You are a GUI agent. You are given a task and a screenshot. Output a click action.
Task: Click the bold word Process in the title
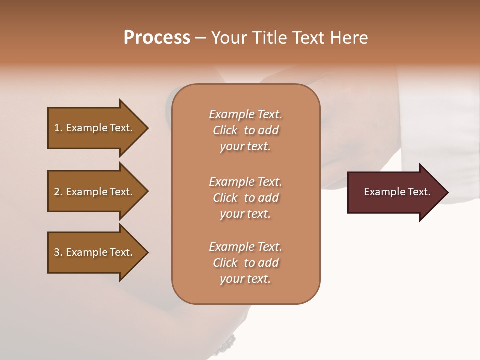coord(157,38)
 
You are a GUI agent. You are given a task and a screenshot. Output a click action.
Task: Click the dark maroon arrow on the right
coord(395,192)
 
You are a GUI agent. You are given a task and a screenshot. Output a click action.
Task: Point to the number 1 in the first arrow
coord(57,128)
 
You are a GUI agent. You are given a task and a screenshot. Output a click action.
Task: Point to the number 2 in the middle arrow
coord(57,192)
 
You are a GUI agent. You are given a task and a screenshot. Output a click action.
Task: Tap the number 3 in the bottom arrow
coord(57,252)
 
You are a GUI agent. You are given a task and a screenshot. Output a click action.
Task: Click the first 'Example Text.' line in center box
coord(245,114)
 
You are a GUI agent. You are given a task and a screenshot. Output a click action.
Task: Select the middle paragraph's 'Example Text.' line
coord(245,182)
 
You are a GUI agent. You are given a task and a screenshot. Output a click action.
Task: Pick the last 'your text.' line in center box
coord(245,279)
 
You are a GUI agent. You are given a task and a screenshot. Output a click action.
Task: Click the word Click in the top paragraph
coord(225,130)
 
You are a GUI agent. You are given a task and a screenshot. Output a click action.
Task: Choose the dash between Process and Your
coord(200,38)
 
